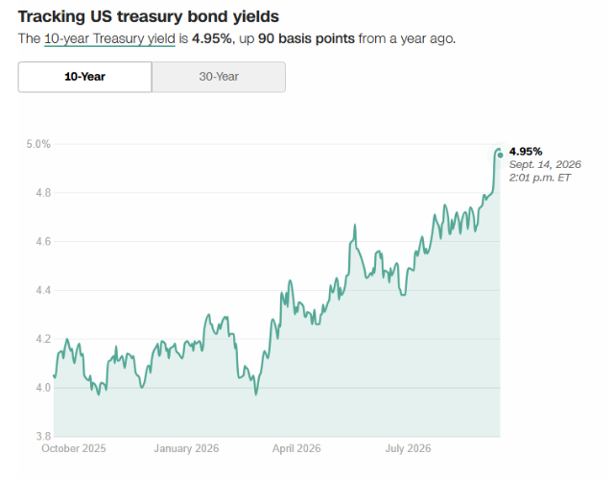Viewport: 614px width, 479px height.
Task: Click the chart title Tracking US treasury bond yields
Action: [x=149, y=17]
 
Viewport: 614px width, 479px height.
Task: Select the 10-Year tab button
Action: [x=84, y=77]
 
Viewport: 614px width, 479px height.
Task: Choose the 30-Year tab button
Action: [x=219, y=77]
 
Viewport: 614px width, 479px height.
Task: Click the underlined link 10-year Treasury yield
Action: [x=109, y=38]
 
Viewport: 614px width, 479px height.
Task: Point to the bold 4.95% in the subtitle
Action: [x=212, y=38]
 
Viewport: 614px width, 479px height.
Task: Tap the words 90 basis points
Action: [x=306, y=38]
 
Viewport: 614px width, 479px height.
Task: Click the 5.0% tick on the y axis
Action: [x=38, y=144]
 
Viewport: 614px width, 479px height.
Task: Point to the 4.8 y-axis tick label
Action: [x=43, y=193]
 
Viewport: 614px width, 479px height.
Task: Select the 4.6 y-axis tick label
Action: [x=43, y=241]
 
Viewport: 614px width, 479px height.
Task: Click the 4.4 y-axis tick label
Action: [x=43, y=290]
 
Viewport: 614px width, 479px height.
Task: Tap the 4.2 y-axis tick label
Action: [x=43, y=339]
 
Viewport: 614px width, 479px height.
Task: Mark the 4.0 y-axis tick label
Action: [x=43, y=388]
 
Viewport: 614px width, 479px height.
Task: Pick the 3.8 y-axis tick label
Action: [x=43, y=436]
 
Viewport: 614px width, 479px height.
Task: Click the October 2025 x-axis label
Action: [x=74, y=448]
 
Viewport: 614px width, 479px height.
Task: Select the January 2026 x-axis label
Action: [x=186, y=448]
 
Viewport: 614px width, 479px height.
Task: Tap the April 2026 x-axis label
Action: [x=296, y=448]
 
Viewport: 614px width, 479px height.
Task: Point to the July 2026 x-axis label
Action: [x=408, y=448]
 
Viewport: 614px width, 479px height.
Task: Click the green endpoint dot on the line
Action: [x=500, y=156]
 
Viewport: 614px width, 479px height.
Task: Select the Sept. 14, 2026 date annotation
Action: [x=545, y=164]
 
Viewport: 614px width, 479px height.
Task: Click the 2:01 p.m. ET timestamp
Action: [x=539, y=178]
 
